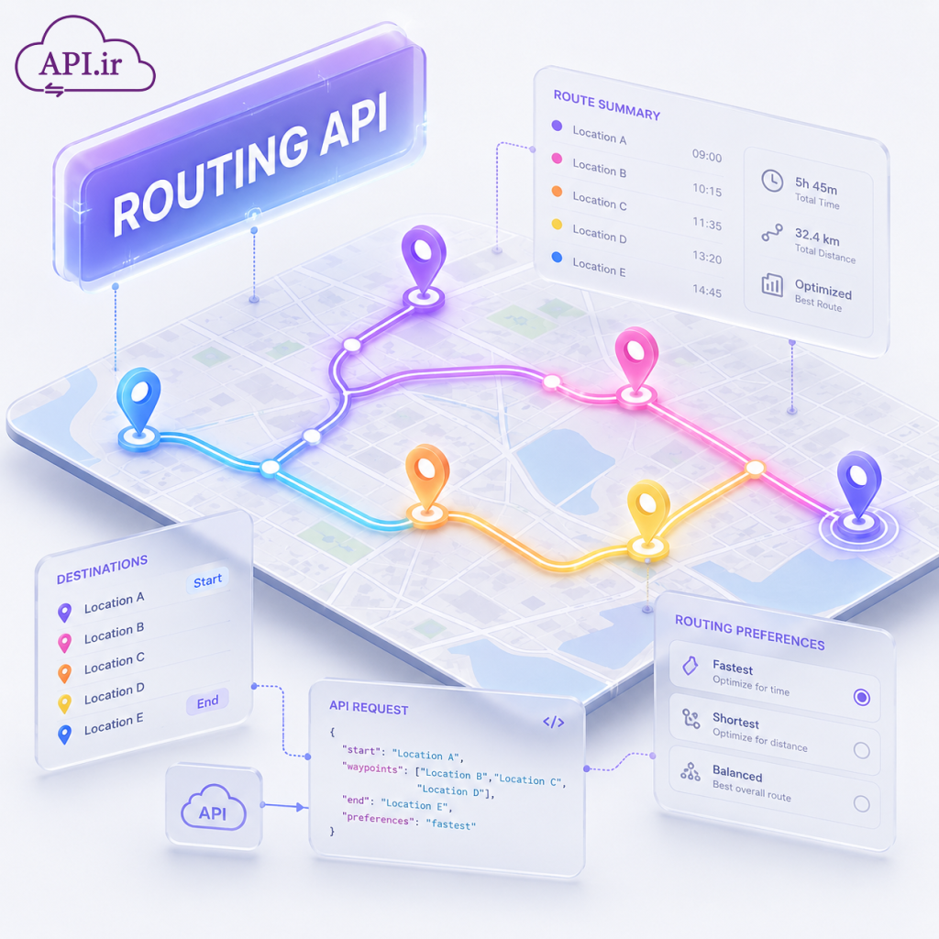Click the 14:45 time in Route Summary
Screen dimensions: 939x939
707,292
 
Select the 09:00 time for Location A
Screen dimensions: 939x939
707,156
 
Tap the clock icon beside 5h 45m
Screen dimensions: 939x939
772,181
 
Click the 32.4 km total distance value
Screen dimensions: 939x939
817,237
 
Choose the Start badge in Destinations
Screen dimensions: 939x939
208,580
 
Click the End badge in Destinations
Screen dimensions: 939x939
208,701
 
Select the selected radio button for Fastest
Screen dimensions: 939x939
862,697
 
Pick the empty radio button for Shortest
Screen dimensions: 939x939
862,750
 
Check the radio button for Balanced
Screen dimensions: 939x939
862,803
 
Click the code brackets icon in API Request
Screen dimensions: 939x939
553,722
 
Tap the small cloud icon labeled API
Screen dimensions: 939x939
213,807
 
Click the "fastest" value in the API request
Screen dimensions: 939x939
451,824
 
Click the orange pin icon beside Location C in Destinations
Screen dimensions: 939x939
65,673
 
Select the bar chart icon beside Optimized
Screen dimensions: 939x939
772,284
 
